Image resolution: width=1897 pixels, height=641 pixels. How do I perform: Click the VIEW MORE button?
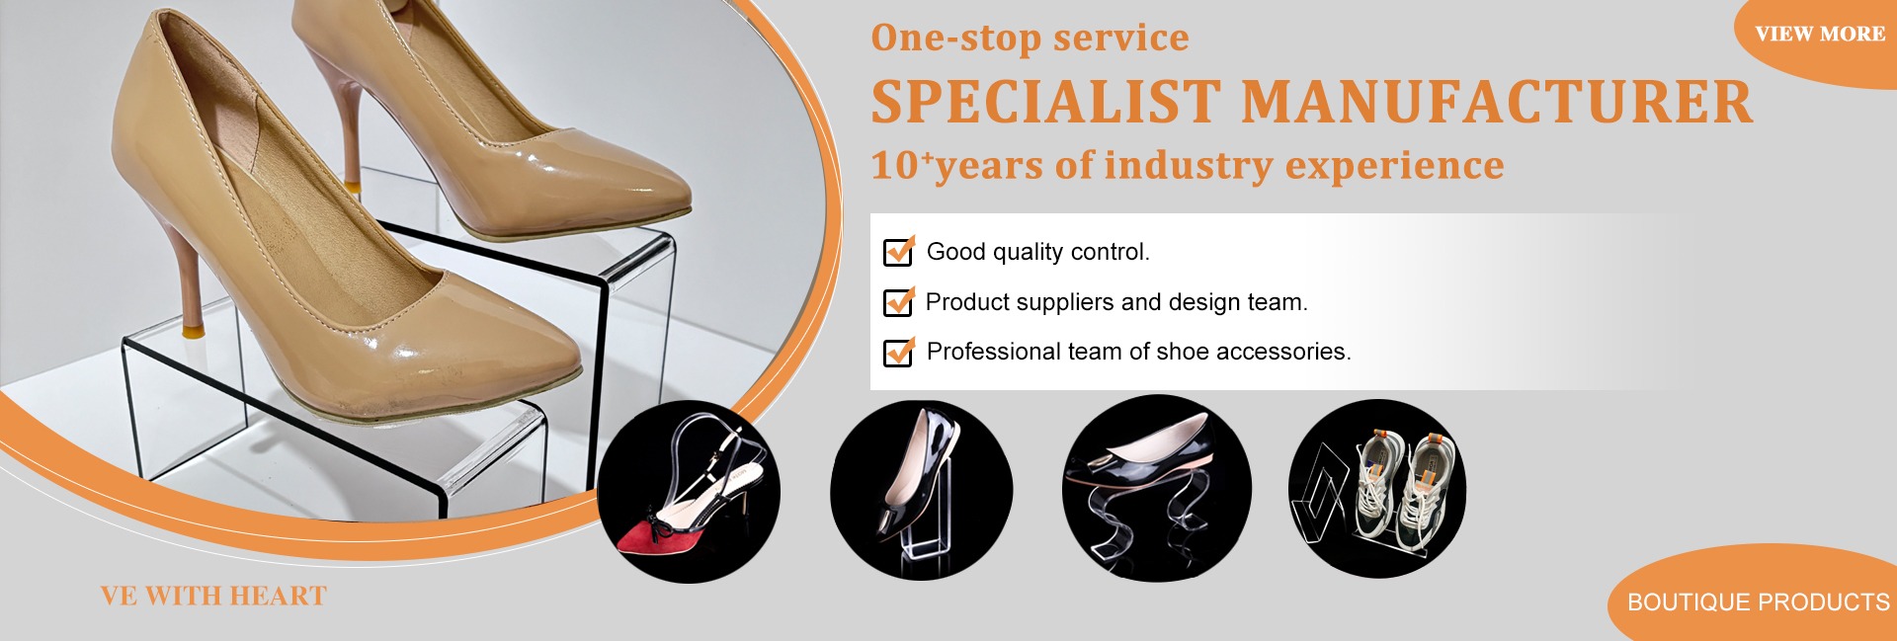(1820, 34)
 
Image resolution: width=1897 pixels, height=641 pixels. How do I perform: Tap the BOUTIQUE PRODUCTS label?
(1758, 601)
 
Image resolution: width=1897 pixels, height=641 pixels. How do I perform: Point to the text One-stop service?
(1030, 38)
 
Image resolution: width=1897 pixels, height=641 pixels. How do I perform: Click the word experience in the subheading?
(1394, 166)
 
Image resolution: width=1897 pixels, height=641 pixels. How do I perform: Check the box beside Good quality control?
(898, 252)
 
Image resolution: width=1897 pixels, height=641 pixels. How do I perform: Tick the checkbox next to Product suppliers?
(898, 301)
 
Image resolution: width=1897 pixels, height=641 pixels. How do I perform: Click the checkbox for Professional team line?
(898, 352)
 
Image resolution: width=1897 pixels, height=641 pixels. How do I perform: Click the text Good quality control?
(1037, 252)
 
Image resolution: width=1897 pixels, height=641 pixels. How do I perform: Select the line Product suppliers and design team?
(1116, 302)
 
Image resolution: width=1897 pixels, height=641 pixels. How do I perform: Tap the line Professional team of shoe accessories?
(1138, 352)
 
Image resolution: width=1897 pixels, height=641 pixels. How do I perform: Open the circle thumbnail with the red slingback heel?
(689, 491)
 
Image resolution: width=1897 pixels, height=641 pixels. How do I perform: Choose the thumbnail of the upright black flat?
(921, 490)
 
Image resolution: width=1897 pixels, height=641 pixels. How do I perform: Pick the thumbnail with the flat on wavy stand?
(1157, 488)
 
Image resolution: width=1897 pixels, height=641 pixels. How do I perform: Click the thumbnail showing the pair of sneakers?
(1377, 488)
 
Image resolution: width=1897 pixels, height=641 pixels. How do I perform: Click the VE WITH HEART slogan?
(213, 597)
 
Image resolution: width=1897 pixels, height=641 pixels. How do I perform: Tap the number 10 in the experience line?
(895, 166)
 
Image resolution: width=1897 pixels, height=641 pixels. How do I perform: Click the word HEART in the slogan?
(279, 597)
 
